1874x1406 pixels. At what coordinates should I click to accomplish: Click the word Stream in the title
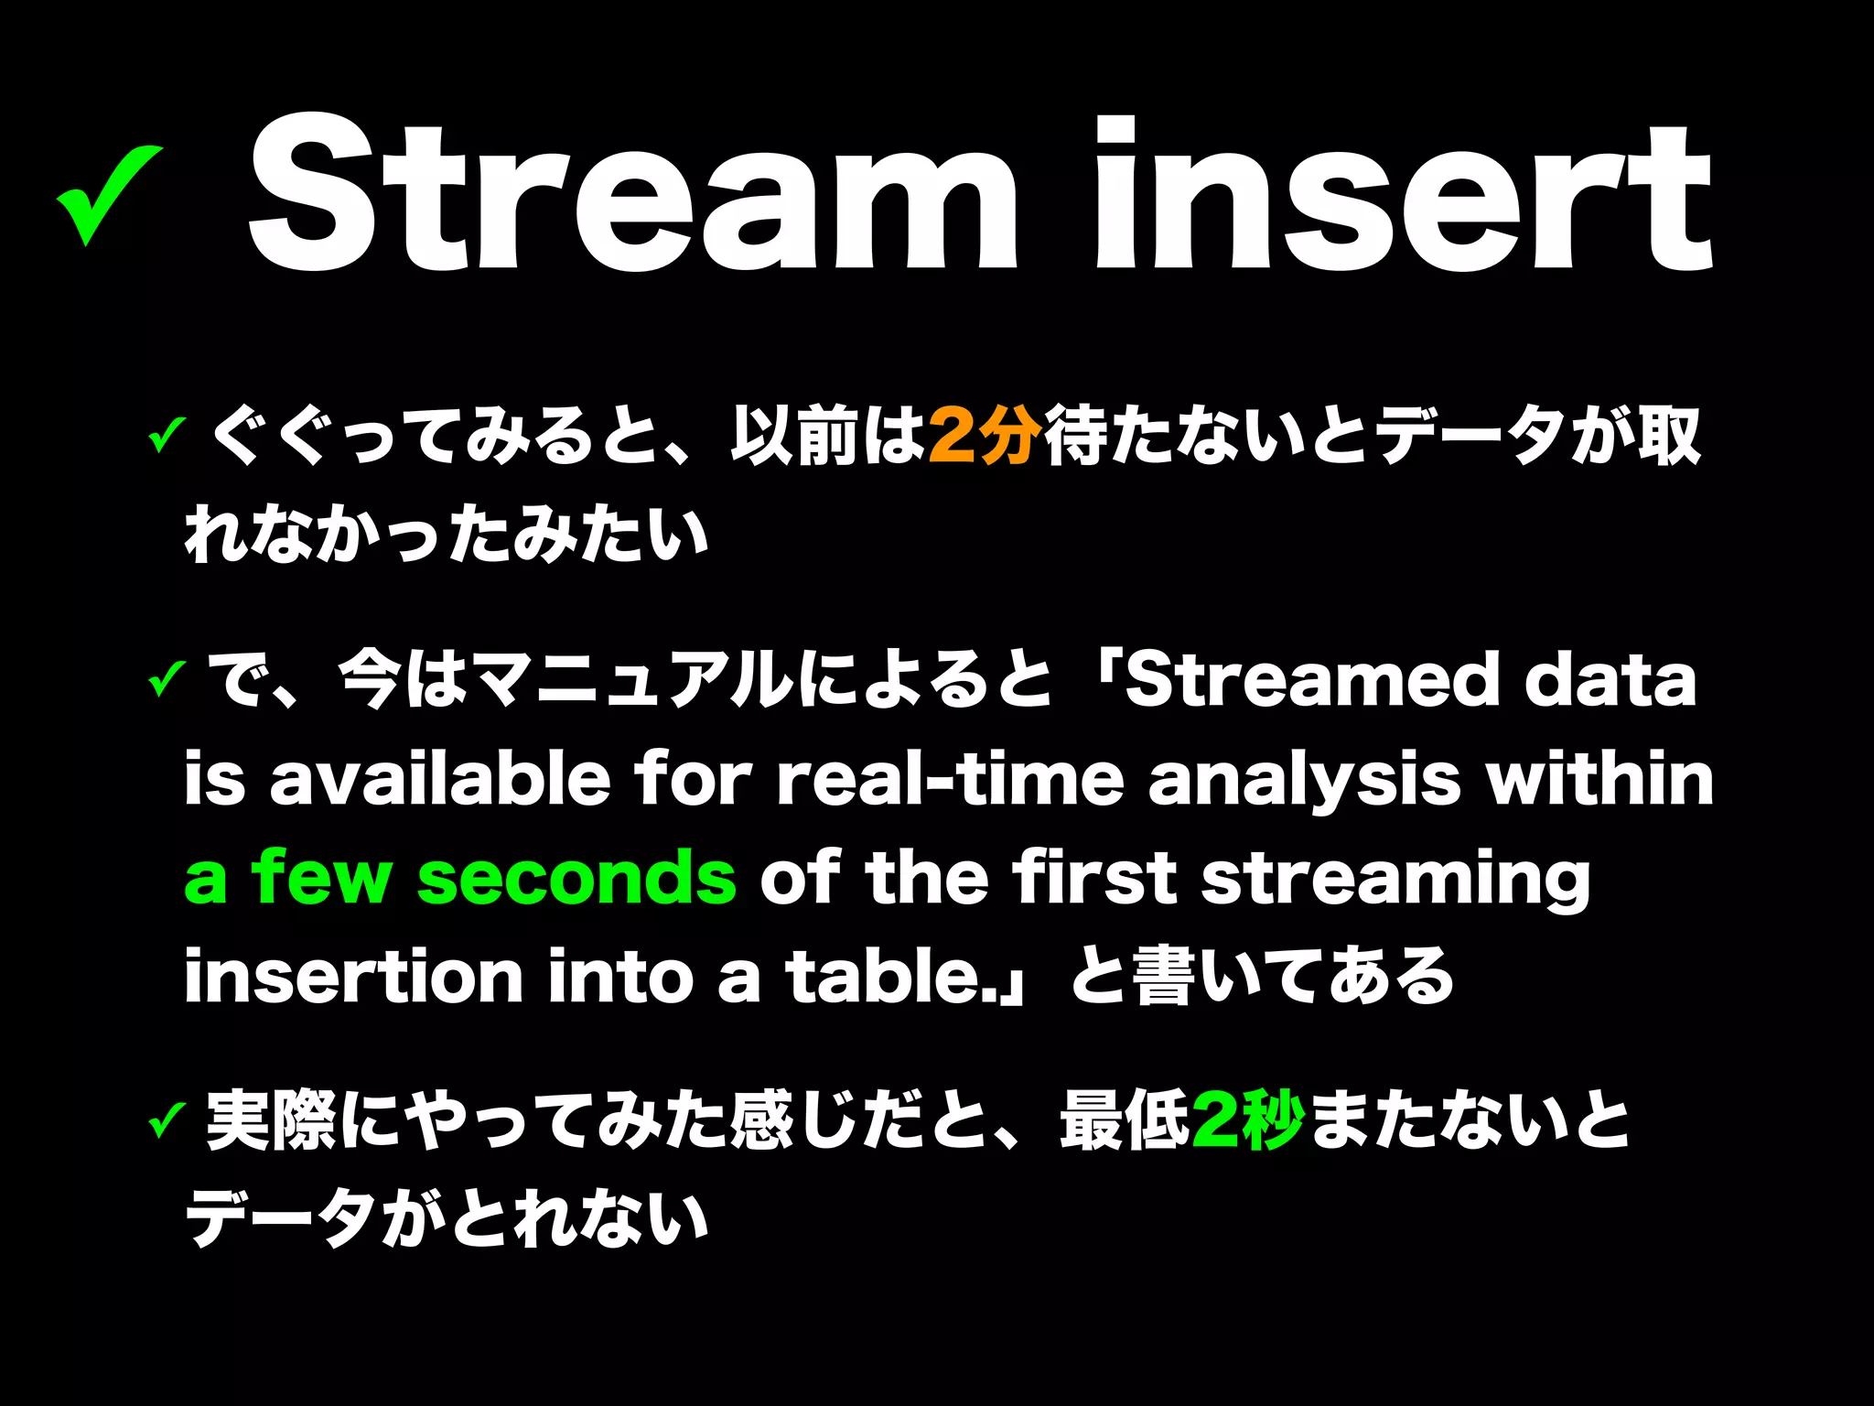click(631, 197)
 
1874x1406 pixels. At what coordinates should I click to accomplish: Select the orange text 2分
click(985, 436)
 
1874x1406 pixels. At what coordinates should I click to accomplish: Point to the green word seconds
click(576, 877)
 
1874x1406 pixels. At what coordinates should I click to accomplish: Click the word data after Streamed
click(1610, 681)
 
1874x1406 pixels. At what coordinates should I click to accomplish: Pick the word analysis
click(1304, 781)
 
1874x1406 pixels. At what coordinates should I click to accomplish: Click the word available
click(439, 779)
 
